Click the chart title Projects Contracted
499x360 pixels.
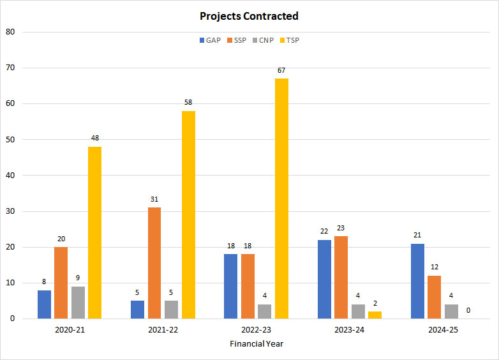coord(249,16)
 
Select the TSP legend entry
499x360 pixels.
coord(288,40)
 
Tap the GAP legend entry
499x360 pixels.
coord(210,40)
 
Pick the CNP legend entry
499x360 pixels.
coord(262,40)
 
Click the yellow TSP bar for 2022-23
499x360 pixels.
coord(281,199)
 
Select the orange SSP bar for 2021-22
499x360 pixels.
coord(154,263)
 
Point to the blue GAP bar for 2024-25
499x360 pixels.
coord(418,281)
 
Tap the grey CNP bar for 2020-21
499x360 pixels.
coord(78,303)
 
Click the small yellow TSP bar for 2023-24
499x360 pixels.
coord(375,315)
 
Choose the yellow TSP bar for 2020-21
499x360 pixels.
coord(94,232)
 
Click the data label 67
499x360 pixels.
coord(281,70)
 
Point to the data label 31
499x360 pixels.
coord(154,199)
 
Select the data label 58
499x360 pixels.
coord(188,102)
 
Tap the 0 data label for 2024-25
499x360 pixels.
coord(468,310)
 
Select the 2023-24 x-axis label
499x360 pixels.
coord(350,330)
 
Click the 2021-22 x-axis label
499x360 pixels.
coord(163,330)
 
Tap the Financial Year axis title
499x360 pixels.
coord(257,343)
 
